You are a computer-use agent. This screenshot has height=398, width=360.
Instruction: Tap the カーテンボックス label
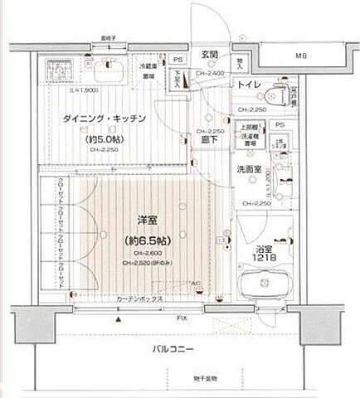[x=136, y=299]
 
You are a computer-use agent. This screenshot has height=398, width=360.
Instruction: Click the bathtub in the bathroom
[x=264, y=289]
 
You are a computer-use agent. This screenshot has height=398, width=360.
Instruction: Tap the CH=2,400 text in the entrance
[x=208, y=73]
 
